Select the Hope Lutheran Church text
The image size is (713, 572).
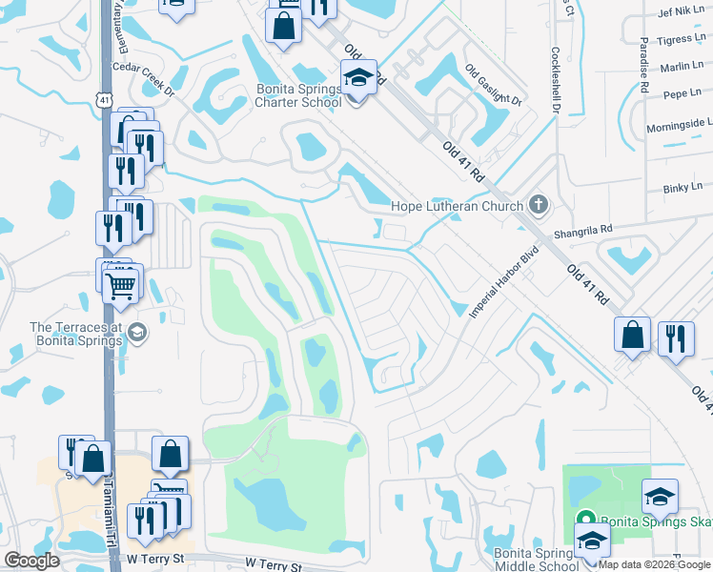coord(458,206)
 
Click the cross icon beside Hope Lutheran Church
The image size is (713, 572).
coord(539,204)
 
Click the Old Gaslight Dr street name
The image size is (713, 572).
coord(494,86)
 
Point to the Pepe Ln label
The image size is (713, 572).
coord(682,94)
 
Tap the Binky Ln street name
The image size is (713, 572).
coord(682,189)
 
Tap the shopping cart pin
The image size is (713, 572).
coord(122,283)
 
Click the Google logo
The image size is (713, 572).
coord(31,561)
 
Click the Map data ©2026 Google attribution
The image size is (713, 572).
coord(655,564)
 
